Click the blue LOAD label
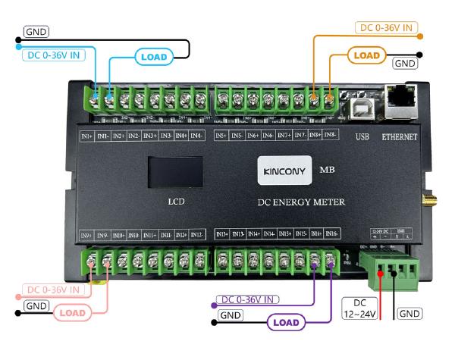(155, 55)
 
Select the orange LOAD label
(369, 55)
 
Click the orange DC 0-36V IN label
(386, 28)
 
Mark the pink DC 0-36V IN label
(54, 290)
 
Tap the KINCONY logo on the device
(281, 169)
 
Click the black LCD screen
(175, 171)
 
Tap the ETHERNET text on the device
(399, 137)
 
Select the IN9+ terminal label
(86, 235)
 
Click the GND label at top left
(36, 32)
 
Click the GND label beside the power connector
(409, 313)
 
